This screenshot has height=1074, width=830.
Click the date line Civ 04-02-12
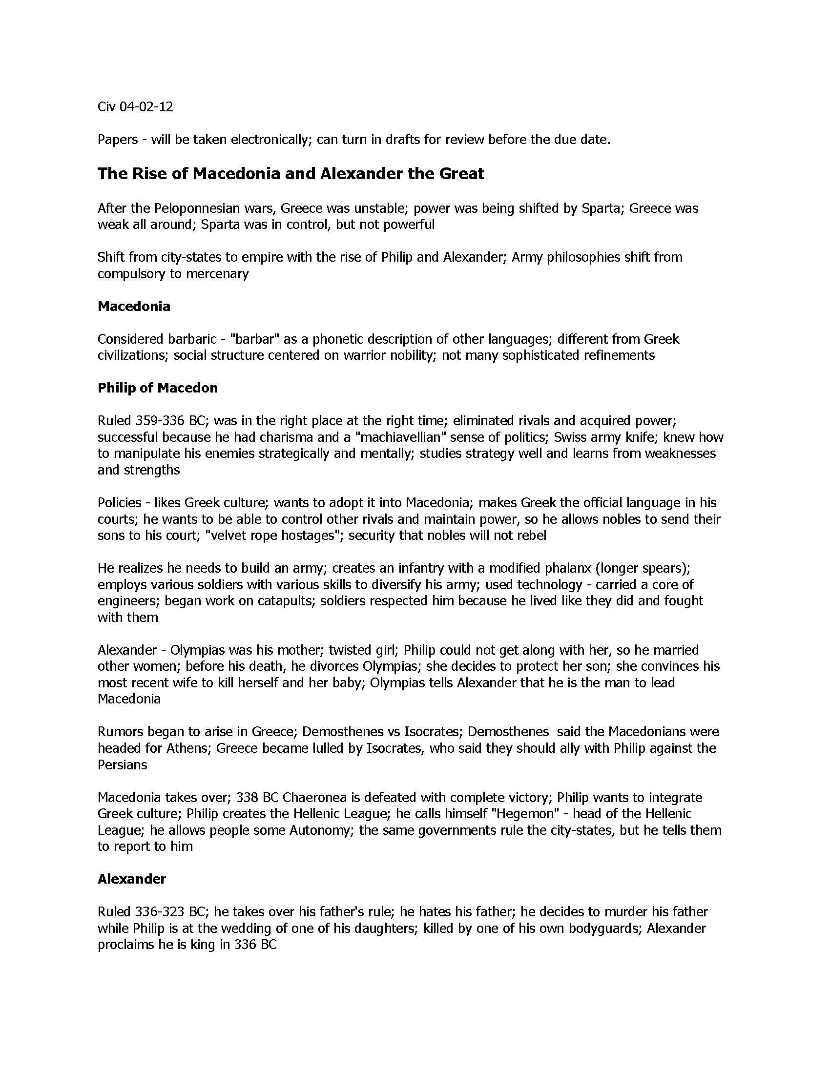[135, 107]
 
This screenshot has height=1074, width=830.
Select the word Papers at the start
[118, 140]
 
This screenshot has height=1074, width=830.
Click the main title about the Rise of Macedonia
[290, 174]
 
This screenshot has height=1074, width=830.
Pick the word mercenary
[216, 273]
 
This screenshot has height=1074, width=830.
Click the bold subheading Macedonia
[134, 307]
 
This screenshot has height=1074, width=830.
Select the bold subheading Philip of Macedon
[157, 388]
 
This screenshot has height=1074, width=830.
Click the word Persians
[122, 764]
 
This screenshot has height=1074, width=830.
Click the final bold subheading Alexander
[132, 879]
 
